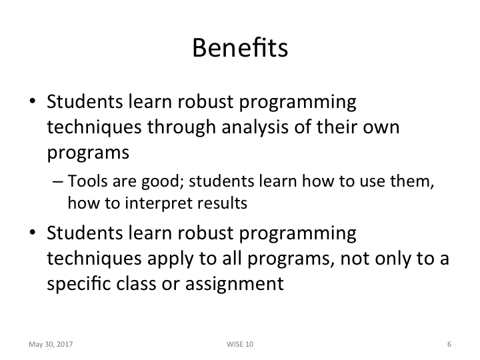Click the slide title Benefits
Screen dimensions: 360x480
(239, 48)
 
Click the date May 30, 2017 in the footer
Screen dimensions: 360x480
(51, 344)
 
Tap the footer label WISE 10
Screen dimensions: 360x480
(240, 344)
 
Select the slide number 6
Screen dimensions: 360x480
(449, 344)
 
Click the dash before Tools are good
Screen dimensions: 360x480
(56, 183)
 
